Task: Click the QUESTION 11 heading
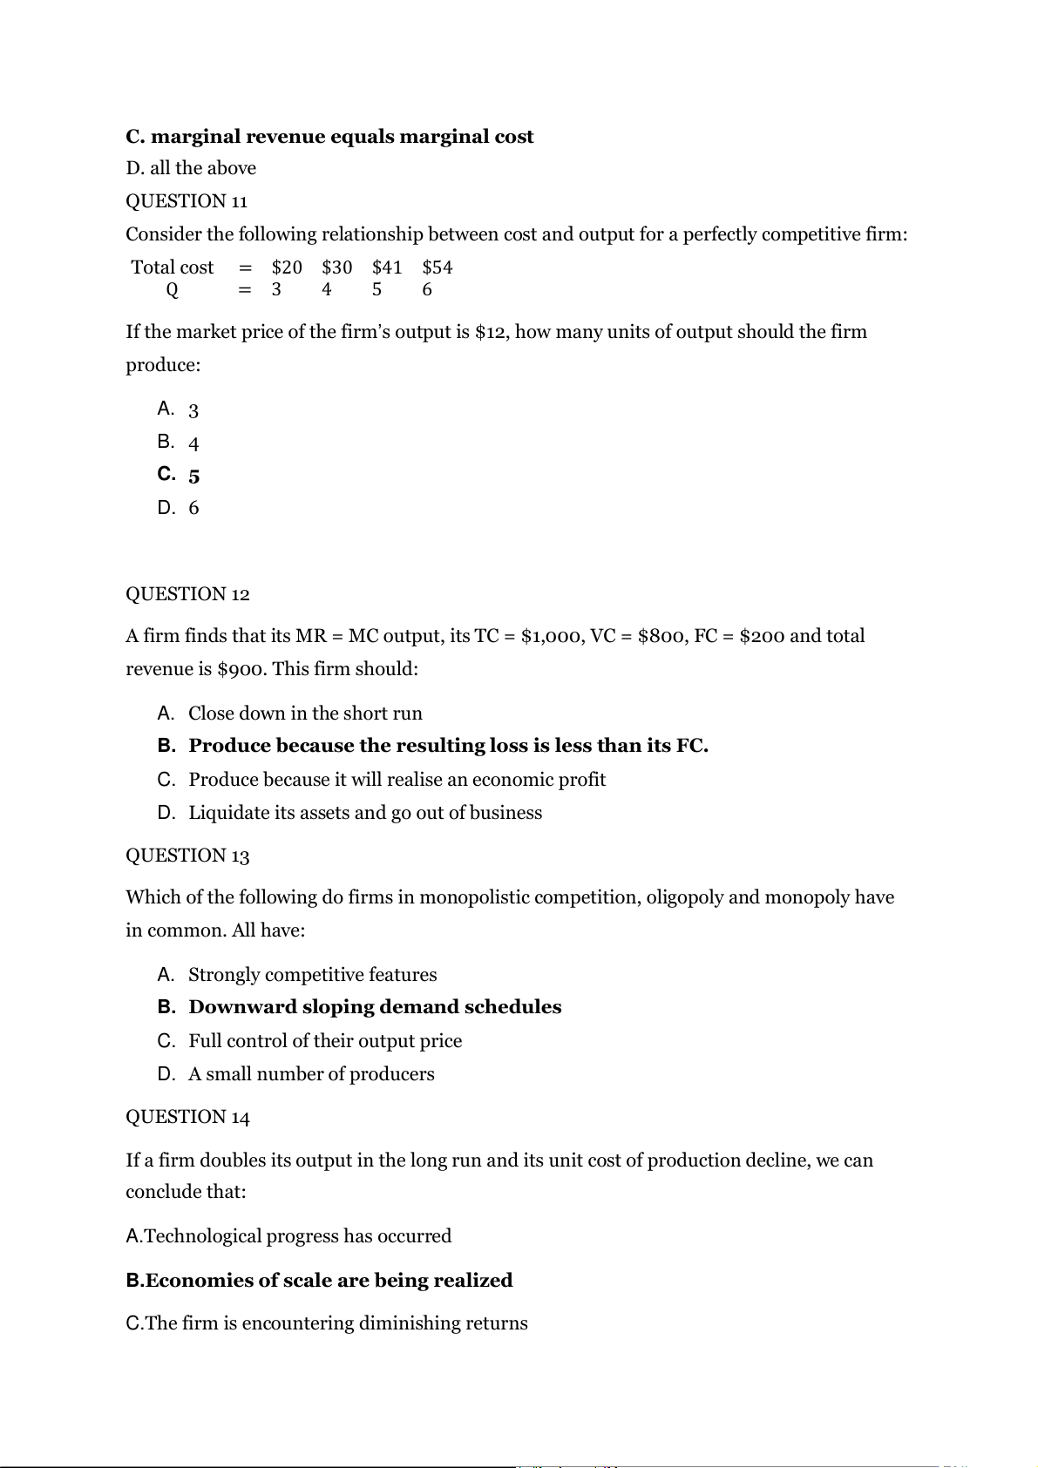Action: click(x=187, y=201)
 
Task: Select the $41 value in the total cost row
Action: click(x=387, y=267)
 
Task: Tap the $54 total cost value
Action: click(x=438, y=267)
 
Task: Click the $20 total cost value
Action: click(x=287, y=267)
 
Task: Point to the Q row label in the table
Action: click(x=172, y=290)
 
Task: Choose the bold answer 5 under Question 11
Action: click(x=193, y=476)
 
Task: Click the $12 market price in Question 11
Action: click(x=493, y=332)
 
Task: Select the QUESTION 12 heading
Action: click(x=187, y=594)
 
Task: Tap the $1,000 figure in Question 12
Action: click(x=552, y=636)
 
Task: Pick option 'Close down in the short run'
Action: click(x=305, y=714)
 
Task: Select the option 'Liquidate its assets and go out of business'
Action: click(x=365, y=813)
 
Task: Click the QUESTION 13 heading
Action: click(x=187, y=856)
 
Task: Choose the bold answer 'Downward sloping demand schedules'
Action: click(x=375, y=1007)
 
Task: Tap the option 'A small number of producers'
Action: click(x=311, y=1074)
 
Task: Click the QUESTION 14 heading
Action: click(x=187, y=1117)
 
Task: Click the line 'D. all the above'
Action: click(x=191, y=168)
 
